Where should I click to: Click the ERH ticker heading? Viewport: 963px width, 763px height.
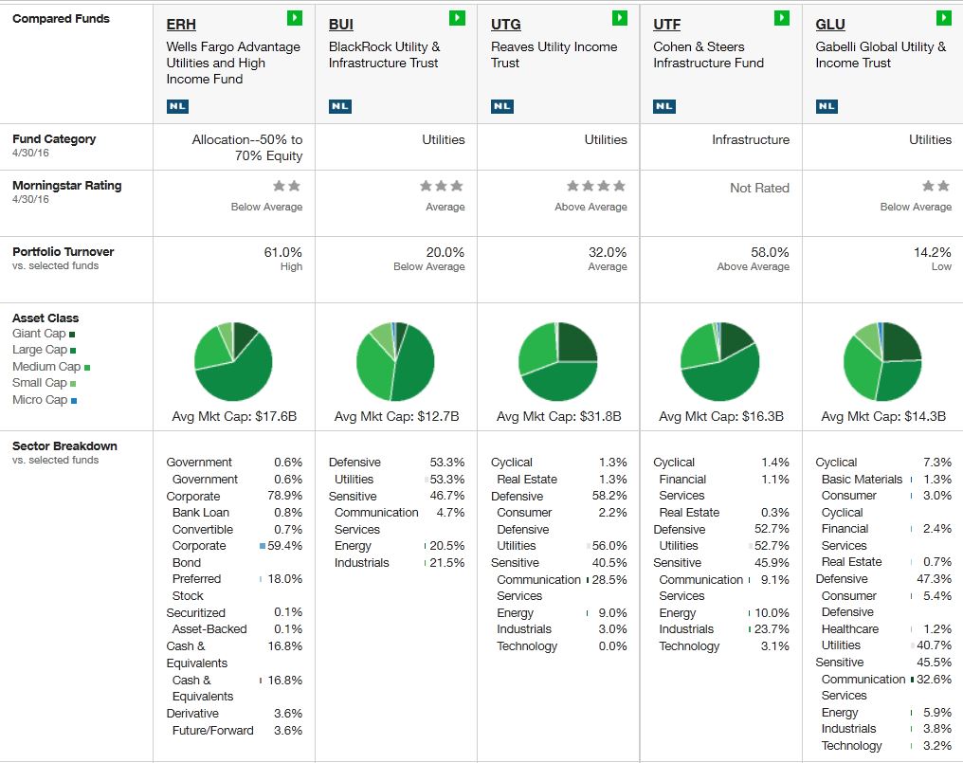(181, 25)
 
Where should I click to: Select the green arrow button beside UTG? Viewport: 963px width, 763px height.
(620, 18)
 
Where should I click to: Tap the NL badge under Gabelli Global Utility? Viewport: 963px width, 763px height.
(827, 106)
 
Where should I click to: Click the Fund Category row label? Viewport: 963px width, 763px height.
(54, 139)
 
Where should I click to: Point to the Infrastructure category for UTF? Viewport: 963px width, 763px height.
(750, 139)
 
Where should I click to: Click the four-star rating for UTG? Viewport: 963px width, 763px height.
(595, 187)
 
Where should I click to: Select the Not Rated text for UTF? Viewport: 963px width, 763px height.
(758, 188)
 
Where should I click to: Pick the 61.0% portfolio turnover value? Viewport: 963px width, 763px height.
(282, 252)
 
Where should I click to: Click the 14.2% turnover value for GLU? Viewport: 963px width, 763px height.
(932, 252)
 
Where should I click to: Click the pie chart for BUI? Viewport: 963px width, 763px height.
(395, 361)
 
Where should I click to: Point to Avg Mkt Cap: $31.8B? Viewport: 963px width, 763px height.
(558, 416)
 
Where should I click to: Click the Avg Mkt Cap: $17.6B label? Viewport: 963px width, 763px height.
(234, 416)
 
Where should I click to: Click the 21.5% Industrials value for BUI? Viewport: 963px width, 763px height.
(447, 563)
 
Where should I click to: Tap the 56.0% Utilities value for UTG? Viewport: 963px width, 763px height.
(609, 546)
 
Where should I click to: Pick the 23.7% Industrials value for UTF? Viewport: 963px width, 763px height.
(772, 629)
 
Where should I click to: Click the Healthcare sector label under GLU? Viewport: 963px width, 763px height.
(849, 629)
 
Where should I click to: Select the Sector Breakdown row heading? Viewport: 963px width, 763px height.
(64, 446)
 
